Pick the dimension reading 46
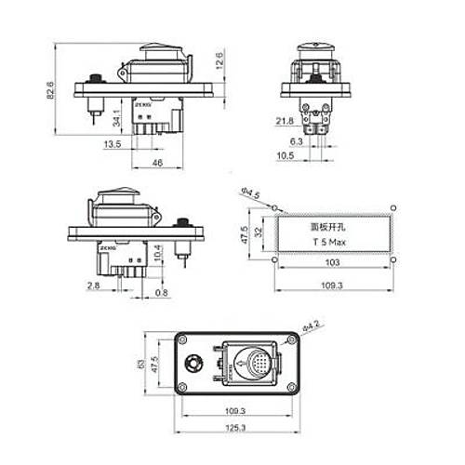[x=157, y=164]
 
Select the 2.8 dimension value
[x=93, y=284]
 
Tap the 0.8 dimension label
[x=164, y=293]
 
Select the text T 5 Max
[x=330, y=242]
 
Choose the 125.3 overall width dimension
[x=235, y=427]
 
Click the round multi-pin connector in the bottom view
[x=258, y=364]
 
